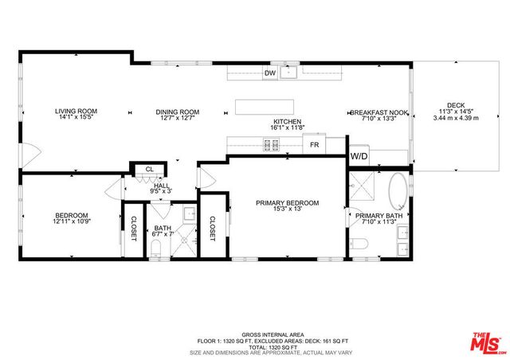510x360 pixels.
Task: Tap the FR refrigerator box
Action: click(314, 145)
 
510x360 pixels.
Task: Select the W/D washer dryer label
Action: click(359, 157)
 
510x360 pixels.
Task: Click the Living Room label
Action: click(76, 112)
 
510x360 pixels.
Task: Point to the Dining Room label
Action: click(177, 112)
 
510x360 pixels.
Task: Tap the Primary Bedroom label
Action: click(287, 203)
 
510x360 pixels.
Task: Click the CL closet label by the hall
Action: click(149, 169)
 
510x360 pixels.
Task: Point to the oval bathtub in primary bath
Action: click(398, 192)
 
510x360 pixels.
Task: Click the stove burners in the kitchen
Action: click(271, 145)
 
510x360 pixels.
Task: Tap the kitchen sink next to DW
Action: click(292, 73)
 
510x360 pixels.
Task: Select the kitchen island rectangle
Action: click(264, 107)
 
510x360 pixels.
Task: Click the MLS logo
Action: click(487, 342)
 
